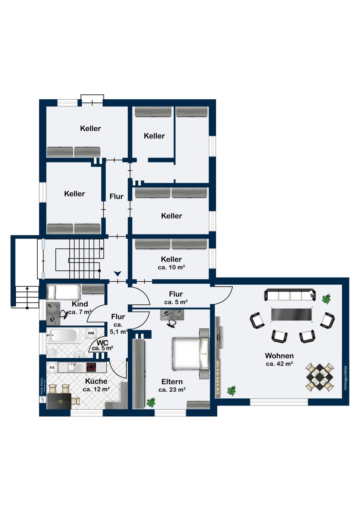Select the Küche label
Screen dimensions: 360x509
coord(96,381)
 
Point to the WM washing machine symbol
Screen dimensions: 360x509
coord(91,333)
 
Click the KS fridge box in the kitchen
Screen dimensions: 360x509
coord(52,367)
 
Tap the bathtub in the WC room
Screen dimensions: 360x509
coord(64,335)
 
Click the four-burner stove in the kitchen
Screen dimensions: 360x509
coord(91,367)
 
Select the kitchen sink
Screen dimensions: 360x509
coord(74,367)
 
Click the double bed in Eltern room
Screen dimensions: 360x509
coord(190,354)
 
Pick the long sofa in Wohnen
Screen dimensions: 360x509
coord(290,295)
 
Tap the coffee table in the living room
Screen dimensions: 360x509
coord(291,315)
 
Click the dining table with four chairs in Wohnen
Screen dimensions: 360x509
coord(320,377)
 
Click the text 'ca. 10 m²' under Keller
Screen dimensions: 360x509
coord(171,267)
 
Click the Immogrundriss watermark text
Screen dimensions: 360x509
coord(345,378)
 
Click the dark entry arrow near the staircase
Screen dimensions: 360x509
coord(118,274)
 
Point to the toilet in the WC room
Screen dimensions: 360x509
coord(52,352)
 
